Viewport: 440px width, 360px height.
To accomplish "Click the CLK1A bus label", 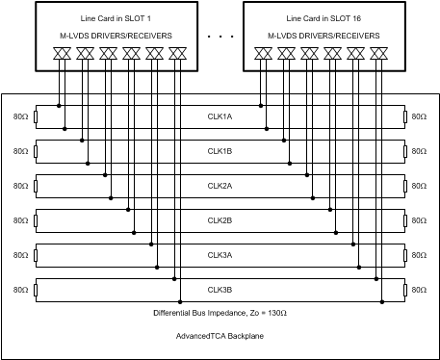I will (220, 116).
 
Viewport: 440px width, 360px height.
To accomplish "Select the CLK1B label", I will (220, 151).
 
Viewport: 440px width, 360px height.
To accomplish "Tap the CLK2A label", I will (220, 186).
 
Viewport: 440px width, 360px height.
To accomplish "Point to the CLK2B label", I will (220, 220).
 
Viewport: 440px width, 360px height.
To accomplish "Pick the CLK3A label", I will (220, 255).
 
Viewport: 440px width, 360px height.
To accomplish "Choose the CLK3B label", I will (220, 290).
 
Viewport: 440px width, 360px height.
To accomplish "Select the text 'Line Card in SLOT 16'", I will (320, 19).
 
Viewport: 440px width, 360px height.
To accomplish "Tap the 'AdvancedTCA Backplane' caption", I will (219, 336).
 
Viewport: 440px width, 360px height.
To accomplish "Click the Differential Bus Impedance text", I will (220, 313).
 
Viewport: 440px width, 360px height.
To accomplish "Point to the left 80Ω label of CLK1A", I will (19, 116).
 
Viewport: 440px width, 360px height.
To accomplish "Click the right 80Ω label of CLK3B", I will (419, 290).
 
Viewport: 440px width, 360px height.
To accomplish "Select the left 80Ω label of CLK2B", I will (19, 220).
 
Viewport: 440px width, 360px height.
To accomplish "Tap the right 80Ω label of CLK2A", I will (419, 186).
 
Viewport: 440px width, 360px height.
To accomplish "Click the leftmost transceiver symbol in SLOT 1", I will (60, 54).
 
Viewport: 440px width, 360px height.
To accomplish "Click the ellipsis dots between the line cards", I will (220, 37).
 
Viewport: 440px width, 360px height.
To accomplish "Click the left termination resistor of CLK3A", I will (36, 255).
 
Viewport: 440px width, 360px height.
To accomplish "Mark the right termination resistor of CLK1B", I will (403, 151).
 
